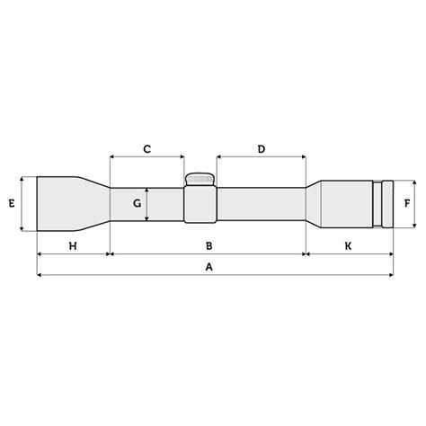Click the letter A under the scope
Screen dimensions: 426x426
pyautogui.click(x=209, y=267)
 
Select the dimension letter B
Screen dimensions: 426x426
pyautogui.click(x=209, y=244)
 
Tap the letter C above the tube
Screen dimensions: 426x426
pyautogui.click(x=146, y=148)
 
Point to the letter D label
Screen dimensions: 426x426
pyautogui.click(x=262, y=148)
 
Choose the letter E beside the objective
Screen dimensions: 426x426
pyautogui.click(x=12, y=204)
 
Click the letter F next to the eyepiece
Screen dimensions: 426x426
pyautogui.click(x=407, y=203)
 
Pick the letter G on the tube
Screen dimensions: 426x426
pyautogui.click(x=137, y=204)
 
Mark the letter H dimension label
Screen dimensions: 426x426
pyautogui.click(x=73, y=245)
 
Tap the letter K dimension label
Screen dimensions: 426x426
pyautogui.click(x=347, y=245)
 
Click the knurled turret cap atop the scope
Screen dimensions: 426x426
pyautogui.click(x=200, y=179)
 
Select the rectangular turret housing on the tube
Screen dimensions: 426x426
pyautogui.click(x=200, y=204)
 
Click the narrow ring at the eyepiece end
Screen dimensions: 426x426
pyautogui.click(x=388, y=204)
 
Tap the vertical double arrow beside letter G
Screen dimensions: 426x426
pyautogui.click(x=147, y=204)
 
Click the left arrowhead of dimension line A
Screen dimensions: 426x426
pyautogui.click(x=40, y=275)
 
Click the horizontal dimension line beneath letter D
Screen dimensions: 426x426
pyautogui.click(x=261, y=158)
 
